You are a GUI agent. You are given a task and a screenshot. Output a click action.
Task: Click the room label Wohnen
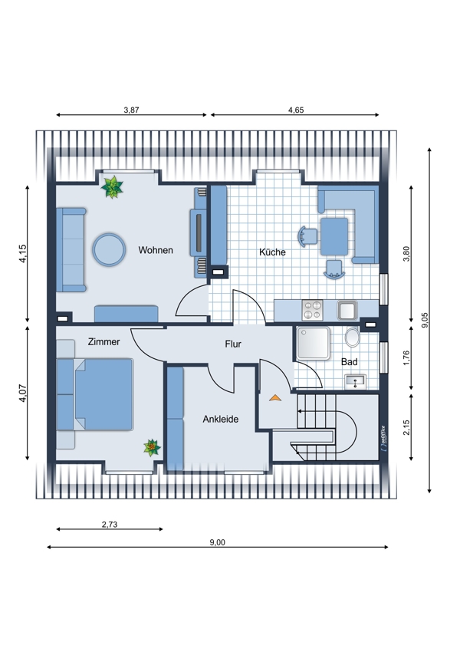click(x=156, y=250)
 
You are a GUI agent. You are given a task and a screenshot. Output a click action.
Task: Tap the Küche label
click(x=272, y=252)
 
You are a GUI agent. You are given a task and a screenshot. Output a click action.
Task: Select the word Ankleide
click(x=221, y=419)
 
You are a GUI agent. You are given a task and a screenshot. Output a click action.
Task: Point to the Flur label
click(x=233, y=344)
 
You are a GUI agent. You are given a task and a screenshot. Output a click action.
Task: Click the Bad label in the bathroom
click(x=349, y=362)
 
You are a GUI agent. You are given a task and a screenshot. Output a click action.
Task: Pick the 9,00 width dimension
click(x=217, y=542)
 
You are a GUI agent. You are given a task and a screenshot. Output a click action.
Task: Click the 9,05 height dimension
click(x=424, y=320)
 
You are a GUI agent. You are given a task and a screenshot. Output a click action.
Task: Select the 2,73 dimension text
click(x=110, y=525)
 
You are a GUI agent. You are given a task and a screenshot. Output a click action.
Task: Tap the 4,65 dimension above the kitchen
click(x=296, y=110)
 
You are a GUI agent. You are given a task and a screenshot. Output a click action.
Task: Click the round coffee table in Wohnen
click(x=109, y=249)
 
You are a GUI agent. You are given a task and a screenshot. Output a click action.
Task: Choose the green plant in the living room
click(x=112, y=187)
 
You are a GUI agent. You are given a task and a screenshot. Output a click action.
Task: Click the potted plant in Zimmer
click(x=152, y=448)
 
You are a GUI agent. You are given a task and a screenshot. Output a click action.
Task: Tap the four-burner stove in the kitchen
click(x=313, y=310)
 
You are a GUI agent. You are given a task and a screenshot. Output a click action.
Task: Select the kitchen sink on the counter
click(x=347, y=310)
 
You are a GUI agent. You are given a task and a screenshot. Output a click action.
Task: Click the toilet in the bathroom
click(x=353, y=337)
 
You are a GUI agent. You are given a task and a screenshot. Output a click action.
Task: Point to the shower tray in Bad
click(x=314, y=343)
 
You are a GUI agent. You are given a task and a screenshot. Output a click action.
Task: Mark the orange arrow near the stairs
click(x=275, y=398)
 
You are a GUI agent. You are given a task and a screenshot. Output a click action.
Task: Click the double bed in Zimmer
click(x=103, y=394)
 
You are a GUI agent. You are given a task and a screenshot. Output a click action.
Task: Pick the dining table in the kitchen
click(x=334, y=236)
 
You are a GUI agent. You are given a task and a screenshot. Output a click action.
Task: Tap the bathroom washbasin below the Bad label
click(x=355, y=381)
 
